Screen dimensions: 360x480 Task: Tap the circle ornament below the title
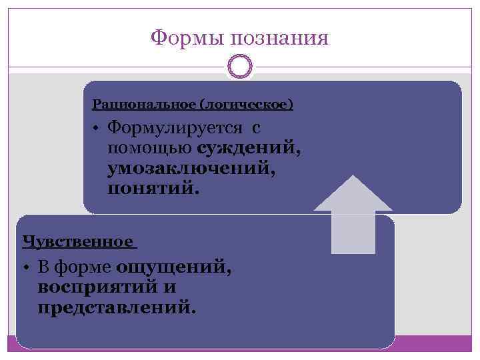coord(240,67)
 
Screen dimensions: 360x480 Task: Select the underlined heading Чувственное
coord(77,242)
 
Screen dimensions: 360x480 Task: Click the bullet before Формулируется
coord(97,128)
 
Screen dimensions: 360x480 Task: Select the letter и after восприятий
coord(170,289)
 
